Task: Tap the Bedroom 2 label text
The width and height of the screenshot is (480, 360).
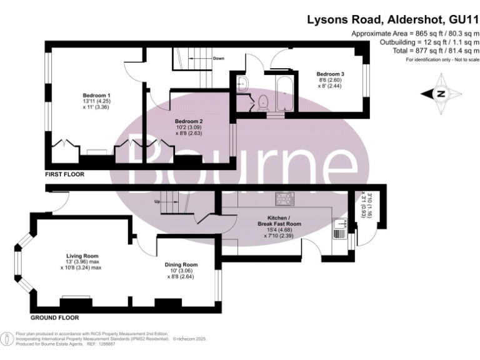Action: (x=188, y=121)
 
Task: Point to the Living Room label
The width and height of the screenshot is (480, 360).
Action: (x=82, y=256)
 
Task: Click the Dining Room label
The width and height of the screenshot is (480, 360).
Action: (x=181, y=264)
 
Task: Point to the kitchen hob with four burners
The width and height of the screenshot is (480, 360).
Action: (x=284, y=198)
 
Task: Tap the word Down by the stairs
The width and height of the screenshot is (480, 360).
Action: (x=218, y=59)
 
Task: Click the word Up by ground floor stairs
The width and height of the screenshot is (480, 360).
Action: (x=158, y=201)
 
